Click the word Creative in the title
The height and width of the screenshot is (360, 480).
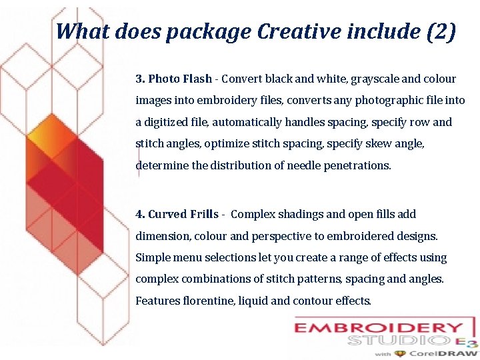(x=294, y=31)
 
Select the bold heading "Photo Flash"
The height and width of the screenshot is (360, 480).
(x=180, y=79)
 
